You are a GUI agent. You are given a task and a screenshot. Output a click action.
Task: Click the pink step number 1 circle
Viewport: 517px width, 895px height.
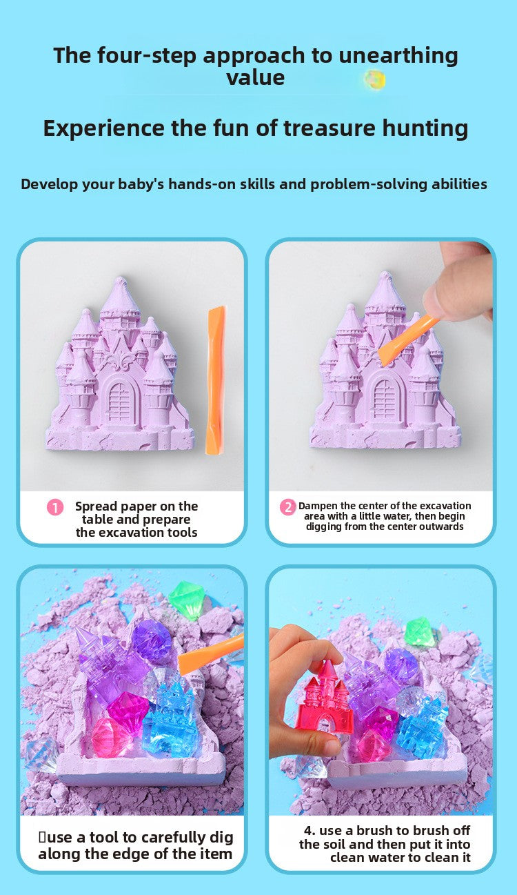(55, 507)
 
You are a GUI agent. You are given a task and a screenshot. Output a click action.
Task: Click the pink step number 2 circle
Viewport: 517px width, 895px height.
(287, 507)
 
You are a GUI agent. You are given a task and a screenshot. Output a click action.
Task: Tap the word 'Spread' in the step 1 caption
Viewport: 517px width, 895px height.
(98, 506)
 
